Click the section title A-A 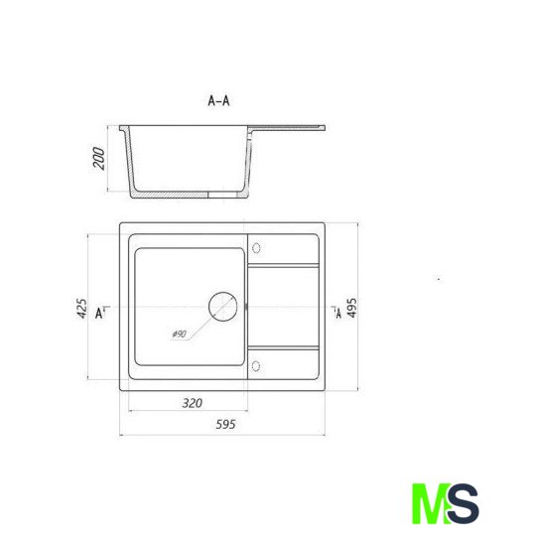coord(218,101)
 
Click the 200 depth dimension coord(99,158)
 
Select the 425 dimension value coord(81,309)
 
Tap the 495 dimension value coord(351,308)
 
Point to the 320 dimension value coord(193,403)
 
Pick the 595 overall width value coord(225,425)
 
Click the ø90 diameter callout coord(179,334)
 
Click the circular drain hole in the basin coord(223,307)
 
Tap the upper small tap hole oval coord(256,248)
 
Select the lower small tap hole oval coord(255,366)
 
